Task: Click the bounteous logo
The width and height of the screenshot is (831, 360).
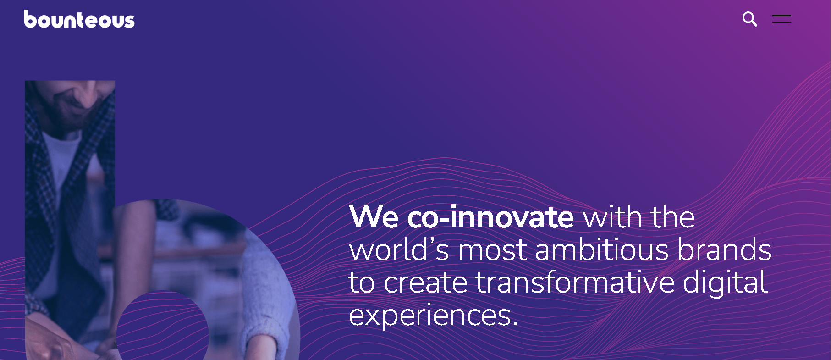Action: [79, 19]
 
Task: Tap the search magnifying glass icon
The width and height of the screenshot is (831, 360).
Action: [750, 19]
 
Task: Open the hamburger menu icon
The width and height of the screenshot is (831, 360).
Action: [781, 19]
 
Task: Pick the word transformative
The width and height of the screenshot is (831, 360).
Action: [575, 282]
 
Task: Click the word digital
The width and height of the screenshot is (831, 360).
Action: [725, 283]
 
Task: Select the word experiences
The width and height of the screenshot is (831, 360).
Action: [433, 316]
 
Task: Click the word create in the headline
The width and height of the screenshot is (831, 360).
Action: [425, 283]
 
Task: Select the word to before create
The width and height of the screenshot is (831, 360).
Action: [362, 283]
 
